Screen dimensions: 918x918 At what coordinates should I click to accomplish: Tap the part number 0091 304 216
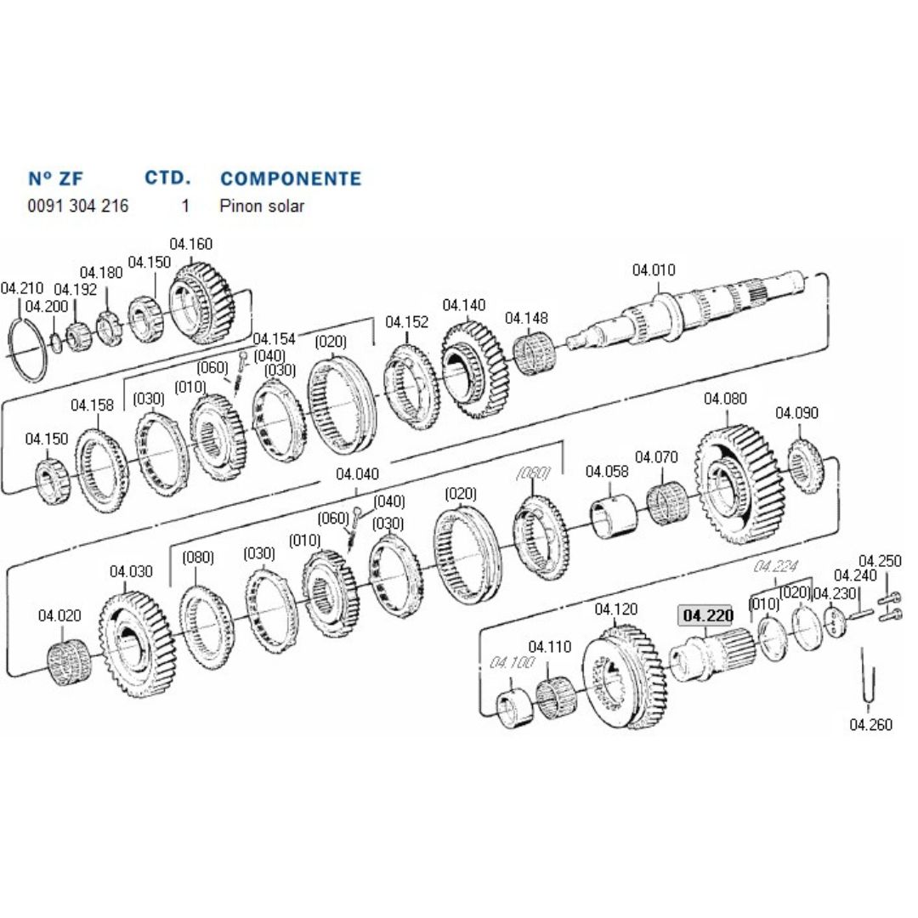(78, 206)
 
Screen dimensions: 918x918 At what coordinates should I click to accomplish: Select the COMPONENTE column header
(291, 178)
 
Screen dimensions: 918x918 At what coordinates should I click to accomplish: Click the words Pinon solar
(262, 206)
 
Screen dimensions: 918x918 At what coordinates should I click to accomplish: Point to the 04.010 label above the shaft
(654, 270)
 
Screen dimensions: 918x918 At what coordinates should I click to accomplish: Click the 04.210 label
(22, 288)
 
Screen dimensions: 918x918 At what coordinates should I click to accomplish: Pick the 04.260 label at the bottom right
(870, 725)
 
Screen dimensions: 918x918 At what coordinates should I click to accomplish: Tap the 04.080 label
(725, 398)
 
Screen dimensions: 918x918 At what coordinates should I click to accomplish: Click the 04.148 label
(526, 318)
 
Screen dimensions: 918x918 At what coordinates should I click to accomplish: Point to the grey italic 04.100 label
(512, 662)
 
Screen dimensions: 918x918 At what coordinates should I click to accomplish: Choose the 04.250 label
(879, 561)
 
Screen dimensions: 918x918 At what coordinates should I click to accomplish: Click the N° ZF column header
(56, 178)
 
